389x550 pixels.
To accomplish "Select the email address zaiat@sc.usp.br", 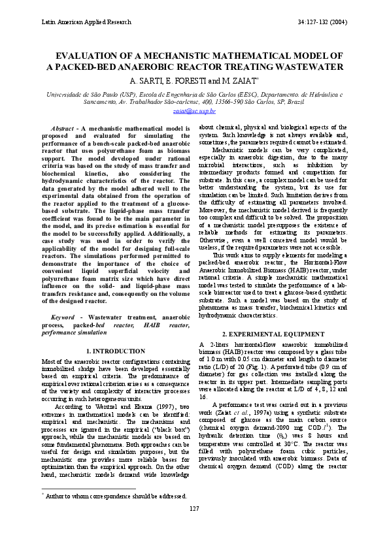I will coord(194,111).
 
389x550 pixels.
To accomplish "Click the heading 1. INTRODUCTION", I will coord(115,351).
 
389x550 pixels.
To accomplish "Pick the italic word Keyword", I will coord(63,317).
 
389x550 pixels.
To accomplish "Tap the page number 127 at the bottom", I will coord(194,526).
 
